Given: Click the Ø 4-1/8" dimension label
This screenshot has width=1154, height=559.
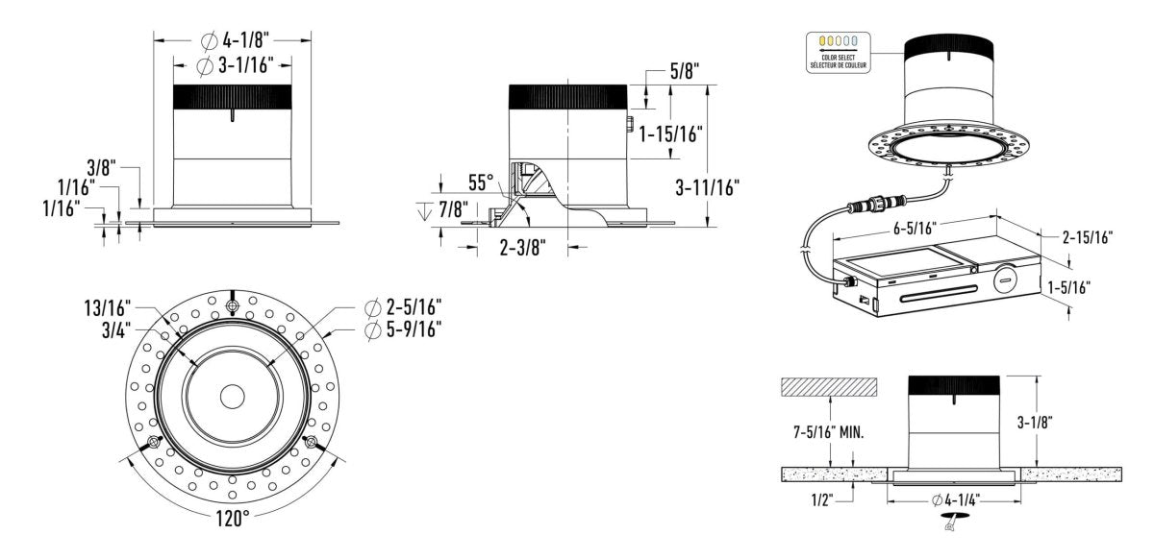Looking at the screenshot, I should (x=235, y=40).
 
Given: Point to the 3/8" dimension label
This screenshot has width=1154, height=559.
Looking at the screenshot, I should (x=99, y=167).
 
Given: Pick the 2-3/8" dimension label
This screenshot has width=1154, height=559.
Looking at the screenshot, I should (x=523, y=247).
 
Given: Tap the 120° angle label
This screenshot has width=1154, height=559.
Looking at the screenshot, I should (x=232, y=517).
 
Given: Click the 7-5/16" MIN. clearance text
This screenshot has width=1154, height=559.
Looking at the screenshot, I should (x=826, y=433).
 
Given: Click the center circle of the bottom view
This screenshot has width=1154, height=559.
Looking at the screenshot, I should (x=232, y=397).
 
